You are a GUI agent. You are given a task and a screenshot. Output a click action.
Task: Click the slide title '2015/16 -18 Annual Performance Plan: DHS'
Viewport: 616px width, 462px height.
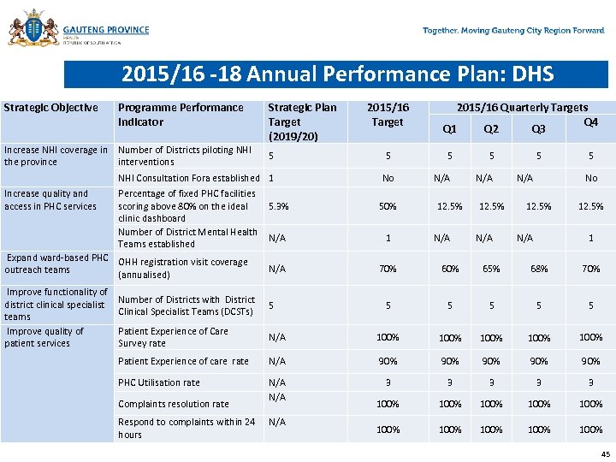pos(337,74)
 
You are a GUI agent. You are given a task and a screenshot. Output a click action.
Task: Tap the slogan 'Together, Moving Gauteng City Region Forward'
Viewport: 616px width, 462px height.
pos(513,31)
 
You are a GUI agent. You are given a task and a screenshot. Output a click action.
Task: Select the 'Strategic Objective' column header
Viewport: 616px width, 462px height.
pos(51,108)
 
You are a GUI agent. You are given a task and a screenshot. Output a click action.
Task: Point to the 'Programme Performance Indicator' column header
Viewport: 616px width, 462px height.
pos(181,115)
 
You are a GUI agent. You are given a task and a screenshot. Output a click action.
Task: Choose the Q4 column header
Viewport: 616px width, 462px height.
pos(590,122)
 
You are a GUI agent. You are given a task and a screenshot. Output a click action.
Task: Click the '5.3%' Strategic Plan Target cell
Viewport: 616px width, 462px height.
pos(279,206)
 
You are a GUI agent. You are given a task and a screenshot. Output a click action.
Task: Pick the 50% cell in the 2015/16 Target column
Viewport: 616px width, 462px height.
pos(388,206)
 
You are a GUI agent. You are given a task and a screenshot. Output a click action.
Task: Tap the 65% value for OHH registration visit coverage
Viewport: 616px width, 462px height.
pos(491,269)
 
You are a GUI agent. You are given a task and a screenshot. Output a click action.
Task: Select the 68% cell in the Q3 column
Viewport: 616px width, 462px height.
pos(539,269)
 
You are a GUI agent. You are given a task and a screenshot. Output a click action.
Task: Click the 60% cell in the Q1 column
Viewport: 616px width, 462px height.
pos(450,269)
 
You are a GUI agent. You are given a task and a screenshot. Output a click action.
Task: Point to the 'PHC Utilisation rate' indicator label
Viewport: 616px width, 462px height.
pos(159,382)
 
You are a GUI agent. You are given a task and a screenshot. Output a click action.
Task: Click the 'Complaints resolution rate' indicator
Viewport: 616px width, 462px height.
pos(174,404)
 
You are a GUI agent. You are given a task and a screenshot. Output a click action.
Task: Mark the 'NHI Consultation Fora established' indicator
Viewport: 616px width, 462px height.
pos(188,178)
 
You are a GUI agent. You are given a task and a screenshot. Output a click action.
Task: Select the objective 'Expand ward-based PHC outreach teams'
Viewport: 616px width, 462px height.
pos(56,264)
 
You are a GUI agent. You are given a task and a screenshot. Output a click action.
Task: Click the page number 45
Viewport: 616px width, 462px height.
pos(606,453)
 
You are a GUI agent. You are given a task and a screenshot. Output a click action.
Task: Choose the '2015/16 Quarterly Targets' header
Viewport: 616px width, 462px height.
pos(522,108)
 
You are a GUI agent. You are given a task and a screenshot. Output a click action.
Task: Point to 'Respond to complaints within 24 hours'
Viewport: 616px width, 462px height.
pos(187,428)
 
